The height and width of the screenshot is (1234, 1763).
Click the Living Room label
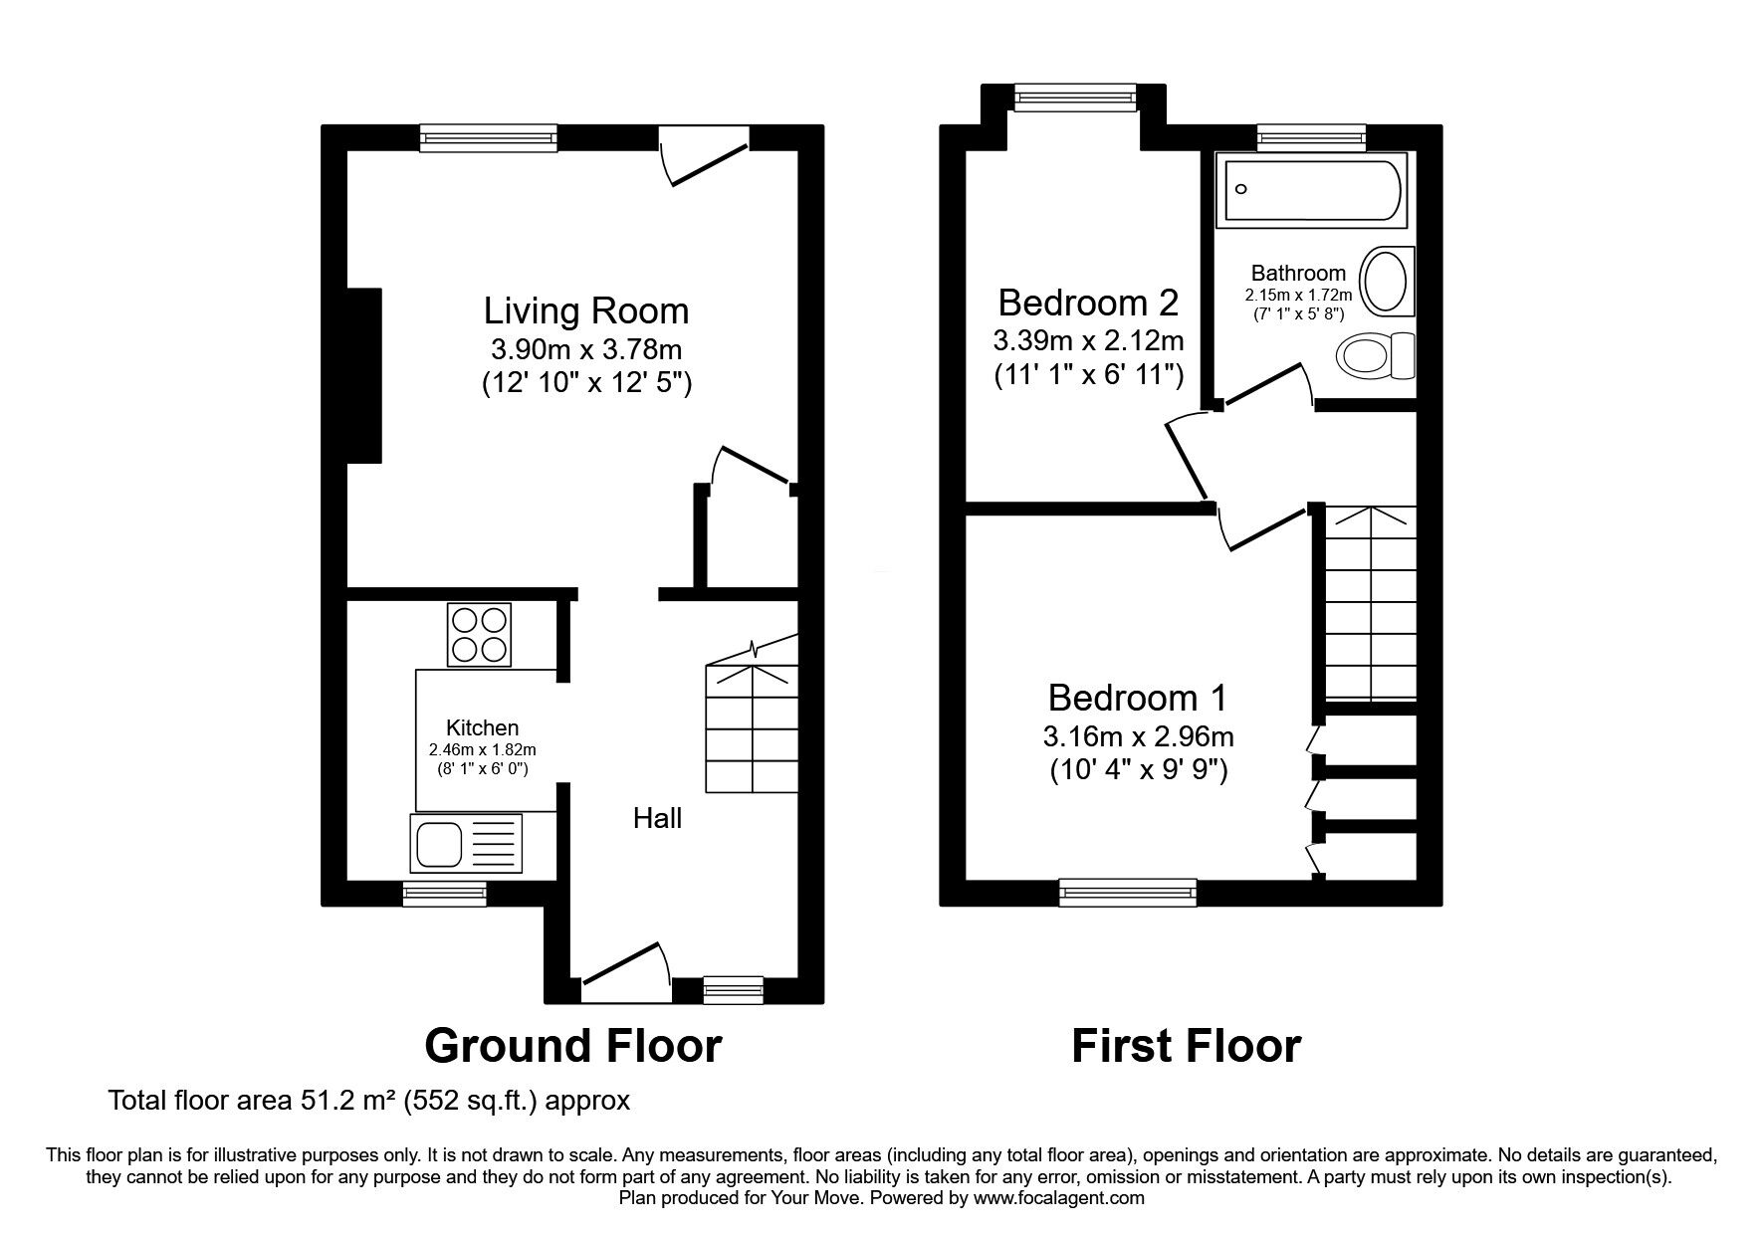pos(586,311)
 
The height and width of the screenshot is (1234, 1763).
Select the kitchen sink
pos(466,844)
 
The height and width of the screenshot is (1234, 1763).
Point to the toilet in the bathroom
pos(1377,355)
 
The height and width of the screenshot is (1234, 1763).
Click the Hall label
pos(658,818)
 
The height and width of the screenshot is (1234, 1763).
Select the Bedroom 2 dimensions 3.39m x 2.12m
pos(1088,341)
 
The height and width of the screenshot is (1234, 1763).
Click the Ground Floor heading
pos(573,1046)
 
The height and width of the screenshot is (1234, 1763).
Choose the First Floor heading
pos(1187,1046)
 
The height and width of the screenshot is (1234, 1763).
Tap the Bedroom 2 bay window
pos(1075,97)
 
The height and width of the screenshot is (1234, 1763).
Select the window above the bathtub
pos(1311,137)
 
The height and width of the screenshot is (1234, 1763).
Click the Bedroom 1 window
pos(1128,892)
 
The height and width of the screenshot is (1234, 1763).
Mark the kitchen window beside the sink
pos(445,894)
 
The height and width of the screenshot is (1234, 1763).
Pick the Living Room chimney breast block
pos(364,376)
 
